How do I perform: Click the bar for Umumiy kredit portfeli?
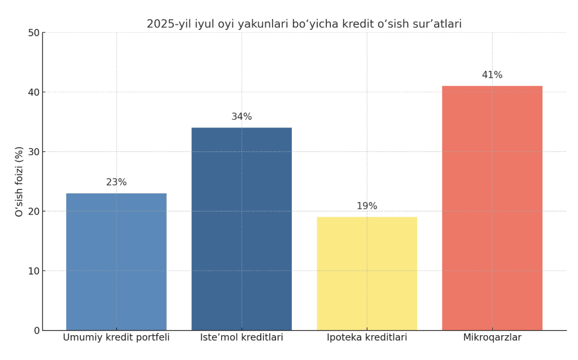tap(116, 262)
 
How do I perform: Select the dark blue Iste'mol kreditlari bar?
tap(242, 229)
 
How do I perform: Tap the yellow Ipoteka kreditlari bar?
tap(367, 274)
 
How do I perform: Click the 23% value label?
tap(116, 182)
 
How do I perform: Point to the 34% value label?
tap(242, 117)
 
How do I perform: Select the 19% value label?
tap(367, 206)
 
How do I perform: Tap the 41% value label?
tap(492, 75)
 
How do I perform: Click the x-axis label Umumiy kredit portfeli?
tap(116, 337)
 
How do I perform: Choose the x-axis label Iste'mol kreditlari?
tap(242, 337)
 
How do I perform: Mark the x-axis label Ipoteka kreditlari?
tap(367, 337)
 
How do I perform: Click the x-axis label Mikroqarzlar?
tap(492, 337)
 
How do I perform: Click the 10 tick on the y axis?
tap(34, 271)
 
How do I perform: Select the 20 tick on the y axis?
tap(34, 212)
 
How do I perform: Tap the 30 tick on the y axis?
tap(34, 152)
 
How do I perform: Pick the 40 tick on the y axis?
tap(34, 92)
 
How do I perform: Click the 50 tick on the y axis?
tap(34, 33)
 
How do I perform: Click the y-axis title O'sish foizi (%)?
tap(19, 181)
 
